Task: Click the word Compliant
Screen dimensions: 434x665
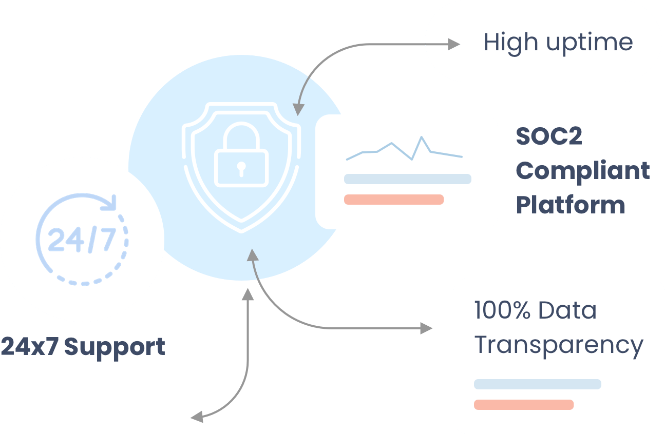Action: point(583,171)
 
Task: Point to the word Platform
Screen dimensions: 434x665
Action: point(570,204)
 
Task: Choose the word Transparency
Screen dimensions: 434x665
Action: point(558,346)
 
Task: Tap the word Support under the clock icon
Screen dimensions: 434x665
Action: point(115,348)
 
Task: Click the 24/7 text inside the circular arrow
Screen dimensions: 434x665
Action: point(81,240)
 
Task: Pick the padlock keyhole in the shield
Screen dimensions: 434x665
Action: point(240,167)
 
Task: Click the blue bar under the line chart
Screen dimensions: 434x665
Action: point(407,179)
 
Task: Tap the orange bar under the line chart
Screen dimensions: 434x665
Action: point(393,200)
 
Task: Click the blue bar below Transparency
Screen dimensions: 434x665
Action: point(537,384)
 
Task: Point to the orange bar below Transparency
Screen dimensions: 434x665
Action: point(523,405)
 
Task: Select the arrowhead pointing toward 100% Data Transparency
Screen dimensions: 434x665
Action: point(427,328)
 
